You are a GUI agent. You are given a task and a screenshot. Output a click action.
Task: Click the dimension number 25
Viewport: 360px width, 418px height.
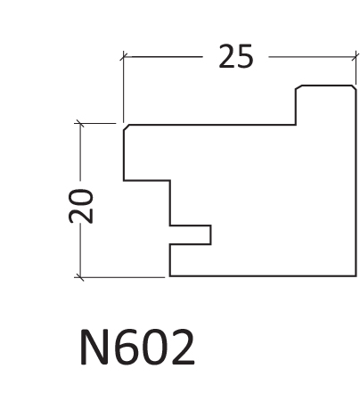(x=236, y=56)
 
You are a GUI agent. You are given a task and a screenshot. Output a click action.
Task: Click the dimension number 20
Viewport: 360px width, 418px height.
(x=80, y=206)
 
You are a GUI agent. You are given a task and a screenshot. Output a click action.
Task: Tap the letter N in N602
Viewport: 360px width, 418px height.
(x=94, y=347)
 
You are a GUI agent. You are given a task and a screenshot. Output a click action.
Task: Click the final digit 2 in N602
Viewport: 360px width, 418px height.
(x=183, y=347)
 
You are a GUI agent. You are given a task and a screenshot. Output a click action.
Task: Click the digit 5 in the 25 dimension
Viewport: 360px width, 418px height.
(x=246, y=56)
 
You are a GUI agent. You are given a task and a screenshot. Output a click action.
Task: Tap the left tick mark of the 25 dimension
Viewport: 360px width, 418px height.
(x=124, y=56)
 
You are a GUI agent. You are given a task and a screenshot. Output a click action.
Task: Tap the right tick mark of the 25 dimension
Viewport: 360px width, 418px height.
(x=356, y=56)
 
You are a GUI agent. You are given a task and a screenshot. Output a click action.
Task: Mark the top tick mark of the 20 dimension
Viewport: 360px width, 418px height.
(x=79, y=123)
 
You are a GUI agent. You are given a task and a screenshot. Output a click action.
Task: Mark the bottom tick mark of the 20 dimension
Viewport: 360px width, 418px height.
(x=79, y=277)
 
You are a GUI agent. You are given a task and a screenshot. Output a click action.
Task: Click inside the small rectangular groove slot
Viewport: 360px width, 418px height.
(x=190, y=235)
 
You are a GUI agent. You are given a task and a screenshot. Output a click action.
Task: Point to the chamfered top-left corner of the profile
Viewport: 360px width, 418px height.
(x=127, y=127)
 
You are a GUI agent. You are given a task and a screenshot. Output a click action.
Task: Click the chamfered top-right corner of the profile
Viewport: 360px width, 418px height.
(x=354, y=87)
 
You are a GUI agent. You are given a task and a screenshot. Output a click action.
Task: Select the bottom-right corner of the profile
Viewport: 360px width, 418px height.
(x=356, y=276)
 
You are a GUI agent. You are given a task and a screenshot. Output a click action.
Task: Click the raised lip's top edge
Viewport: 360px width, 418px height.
(x=327, y=86)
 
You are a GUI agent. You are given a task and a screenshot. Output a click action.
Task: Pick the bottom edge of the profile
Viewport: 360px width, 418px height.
(x=263, y=276)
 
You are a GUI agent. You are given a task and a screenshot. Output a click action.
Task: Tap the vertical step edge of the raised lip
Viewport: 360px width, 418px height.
(x=296, y=107)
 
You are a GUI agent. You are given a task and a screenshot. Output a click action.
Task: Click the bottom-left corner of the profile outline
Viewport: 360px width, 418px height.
(x=170, y=276)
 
